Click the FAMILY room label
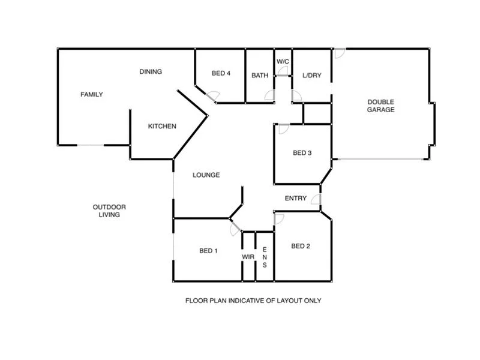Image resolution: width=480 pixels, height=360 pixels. coord(92,94)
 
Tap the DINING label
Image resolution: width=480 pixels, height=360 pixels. coord(151,72)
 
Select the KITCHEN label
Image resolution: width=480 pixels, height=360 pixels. coord(162,126)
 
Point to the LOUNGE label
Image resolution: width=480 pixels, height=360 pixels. coord(206,175)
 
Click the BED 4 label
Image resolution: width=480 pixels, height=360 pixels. coord(221,74)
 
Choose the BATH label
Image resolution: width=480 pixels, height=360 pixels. coord(260,76)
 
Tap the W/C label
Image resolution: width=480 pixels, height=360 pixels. coord(282,61)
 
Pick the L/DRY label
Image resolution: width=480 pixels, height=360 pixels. coord(312,76)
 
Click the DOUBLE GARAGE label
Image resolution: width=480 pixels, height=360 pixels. coord(381,106)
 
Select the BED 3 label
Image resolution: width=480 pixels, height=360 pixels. coord(302,153)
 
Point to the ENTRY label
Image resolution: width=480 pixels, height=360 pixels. coord(296,199)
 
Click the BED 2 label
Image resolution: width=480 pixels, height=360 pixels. coord(301,246)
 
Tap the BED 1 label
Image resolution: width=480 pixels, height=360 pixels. coord(208,251)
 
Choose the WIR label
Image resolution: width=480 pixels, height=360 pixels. coord(248,257)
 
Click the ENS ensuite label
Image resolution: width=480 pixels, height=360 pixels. coord(265,257)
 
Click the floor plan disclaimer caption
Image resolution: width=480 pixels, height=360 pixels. coord(253,301)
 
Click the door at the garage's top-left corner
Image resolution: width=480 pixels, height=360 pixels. coord(340,53)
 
